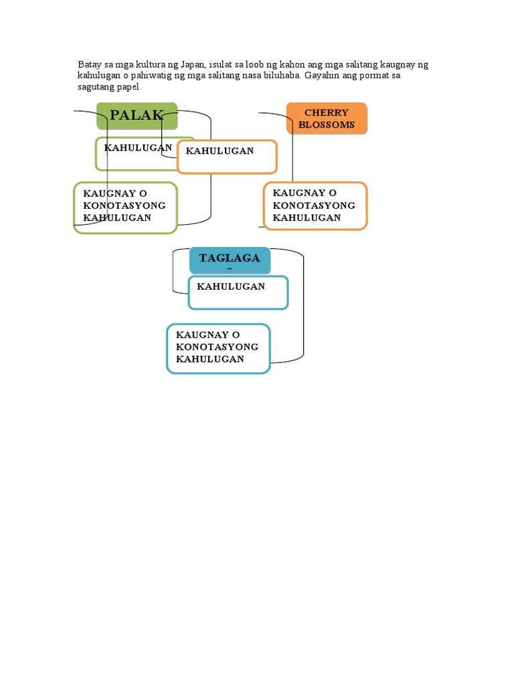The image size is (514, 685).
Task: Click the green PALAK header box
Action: pyautogui.click(x=137, y=115)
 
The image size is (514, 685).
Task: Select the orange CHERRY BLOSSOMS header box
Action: pyautogui.click(x=327, y=118)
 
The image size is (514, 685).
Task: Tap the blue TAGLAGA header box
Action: pyautogui.click(x=230, y=260)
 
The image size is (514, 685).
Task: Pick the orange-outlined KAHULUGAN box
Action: pyautogui.click(x=228, y=157)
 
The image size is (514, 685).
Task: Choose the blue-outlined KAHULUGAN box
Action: pyautogui.click(x=238, y=293)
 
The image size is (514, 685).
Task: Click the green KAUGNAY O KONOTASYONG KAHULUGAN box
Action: pyautogui.click(x=125, y=207)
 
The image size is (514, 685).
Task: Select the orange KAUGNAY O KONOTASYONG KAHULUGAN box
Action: pyautogui.click(x=315, y=206)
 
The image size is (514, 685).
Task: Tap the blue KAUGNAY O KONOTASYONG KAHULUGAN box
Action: pyautogui.click(x=218, y=348)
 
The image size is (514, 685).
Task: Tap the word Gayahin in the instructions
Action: pyautogui.click(x=323, y=76)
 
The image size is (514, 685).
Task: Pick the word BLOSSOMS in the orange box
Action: pyautogui.click(x=327, y=125)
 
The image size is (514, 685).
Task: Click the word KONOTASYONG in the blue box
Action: pyautogui.click(x=217, y=347)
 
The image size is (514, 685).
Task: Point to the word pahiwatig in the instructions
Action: pyautogui.click(x=155, y=76)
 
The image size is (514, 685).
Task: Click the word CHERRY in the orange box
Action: pyautogui.click(x=327, y=112)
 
